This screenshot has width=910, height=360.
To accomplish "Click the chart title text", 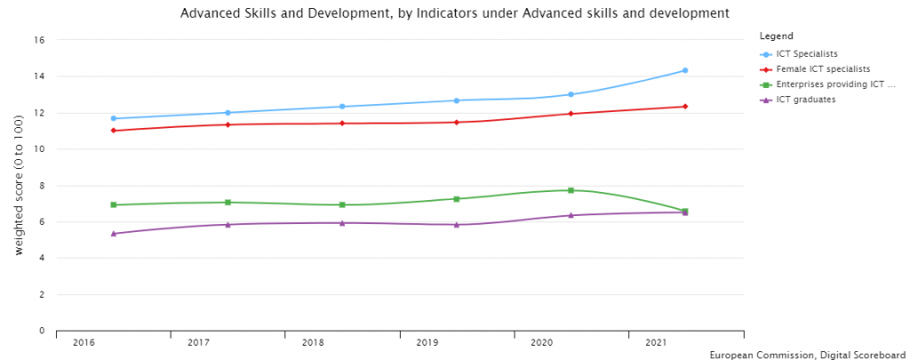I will pos(454,13).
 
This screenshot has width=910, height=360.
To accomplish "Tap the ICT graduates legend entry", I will pos(804,100).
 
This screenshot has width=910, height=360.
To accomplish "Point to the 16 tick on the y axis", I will pos(39,40).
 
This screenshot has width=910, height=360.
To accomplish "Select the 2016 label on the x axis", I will pos(84,343).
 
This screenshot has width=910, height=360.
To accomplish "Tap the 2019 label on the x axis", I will pos(427,343).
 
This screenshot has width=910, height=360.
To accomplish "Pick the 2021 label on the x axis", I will pos(656,343).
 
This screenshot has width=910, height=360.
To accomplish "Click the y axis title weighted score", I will pos(20,186).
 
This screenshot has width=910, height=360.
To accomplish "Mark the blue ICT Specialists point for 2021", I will pos(685,70).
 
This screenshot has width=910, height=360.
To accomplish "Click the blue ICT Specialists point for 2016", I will pos(114,118).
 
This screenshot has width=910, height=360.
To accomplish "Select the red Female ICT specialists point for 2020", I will pos(571,114).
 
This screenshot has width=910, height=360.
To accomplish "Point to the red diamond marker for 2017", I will pos(227,124).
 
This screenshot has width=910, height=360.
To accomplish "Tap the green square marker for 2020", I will pos(571,190).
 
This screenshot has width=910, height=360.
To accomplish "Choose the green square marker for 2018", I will pos(342,204).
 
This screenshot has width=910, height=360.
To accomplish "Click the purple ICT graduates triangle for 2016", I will pos(114,233).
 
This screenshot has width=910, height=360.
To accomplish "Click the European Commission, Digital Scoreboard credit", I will pos(808,355).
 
